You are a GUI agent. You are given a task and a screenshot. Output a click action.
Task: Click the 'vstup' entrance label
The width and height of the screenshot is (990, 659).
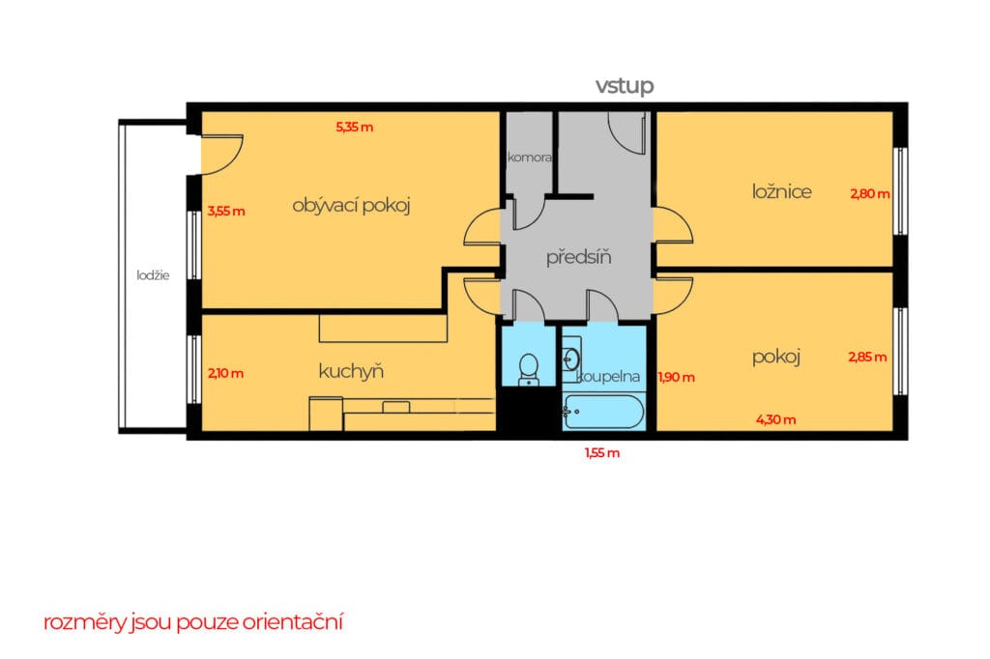click(x=624, y=86)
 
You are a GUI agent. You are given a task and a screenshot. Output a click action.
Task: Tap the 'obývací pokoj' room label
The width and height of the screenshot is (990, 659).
click(x=351, y=206)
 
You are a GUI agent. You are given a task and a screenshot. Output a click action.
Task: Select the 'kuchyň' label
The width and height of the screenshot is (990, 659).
click(x=351, y=371)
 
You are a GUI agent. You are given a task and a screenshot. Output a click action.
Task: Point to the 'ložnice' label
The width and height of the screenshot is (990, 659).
click(x=781, y=191)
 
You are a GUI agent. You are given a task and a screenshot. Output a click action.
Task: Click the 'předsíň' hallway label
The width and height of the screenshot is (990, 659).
click(x=578, y=257)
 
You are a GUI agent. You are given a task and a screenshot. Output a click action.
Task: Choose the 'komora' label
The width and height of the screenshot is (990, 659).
click(x=530, y=158)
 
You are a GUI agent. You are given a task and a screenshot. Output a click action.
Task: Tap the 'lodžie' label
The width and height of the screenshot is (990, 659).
click(x=153, y=275)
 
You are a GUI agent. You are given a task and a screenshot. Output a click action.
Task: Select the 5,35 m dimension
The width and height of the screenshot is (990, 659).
click(x=354, y=127)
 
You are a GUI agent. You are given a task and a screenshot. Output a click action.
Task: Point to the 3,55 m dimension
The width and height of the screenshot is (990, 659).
click(x=226, y=212)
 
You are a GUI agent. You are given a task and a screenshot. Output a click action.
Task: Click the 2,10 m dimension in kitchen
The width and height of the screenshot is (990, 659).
click(x=225, y=374)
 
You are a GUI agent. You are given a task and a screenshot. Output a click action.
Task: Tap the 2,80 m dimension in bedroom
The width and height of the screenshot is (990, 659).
click(x=869, y=194)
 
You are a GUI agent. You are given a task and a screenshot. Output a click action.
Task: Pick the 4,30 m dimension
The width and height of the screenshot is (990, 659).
click(x=775, y=419)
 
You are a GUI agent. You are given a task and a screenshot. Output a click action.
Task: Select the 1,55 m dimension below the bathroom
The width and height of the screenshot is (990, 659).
click(x=601, y=452)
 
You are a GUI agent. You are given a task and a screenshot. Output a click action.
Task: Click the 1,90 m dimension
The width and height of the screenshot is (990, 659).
click(x=676, y=378)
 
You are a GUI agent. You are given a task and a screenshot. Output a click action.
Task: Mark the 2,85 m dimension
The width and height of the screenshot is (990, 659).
click(x=867, y=358)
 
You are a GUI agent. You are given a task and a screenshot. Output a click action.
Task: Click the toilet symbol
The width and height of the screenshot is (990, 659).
click(x=529, y=369)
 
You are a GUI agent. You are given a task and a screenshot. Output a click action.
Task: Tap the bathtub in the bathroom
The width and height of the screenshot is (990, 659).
click(x=603, y=412)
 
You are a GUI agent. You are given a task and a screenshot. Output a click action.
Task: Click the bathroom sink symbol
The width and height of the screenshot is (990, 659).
click(x=571, y=359)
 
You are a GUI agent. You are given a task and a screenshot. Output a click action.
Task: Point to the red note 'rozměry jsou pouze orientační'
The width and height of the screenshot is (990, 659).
click(x=193, y=621)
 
